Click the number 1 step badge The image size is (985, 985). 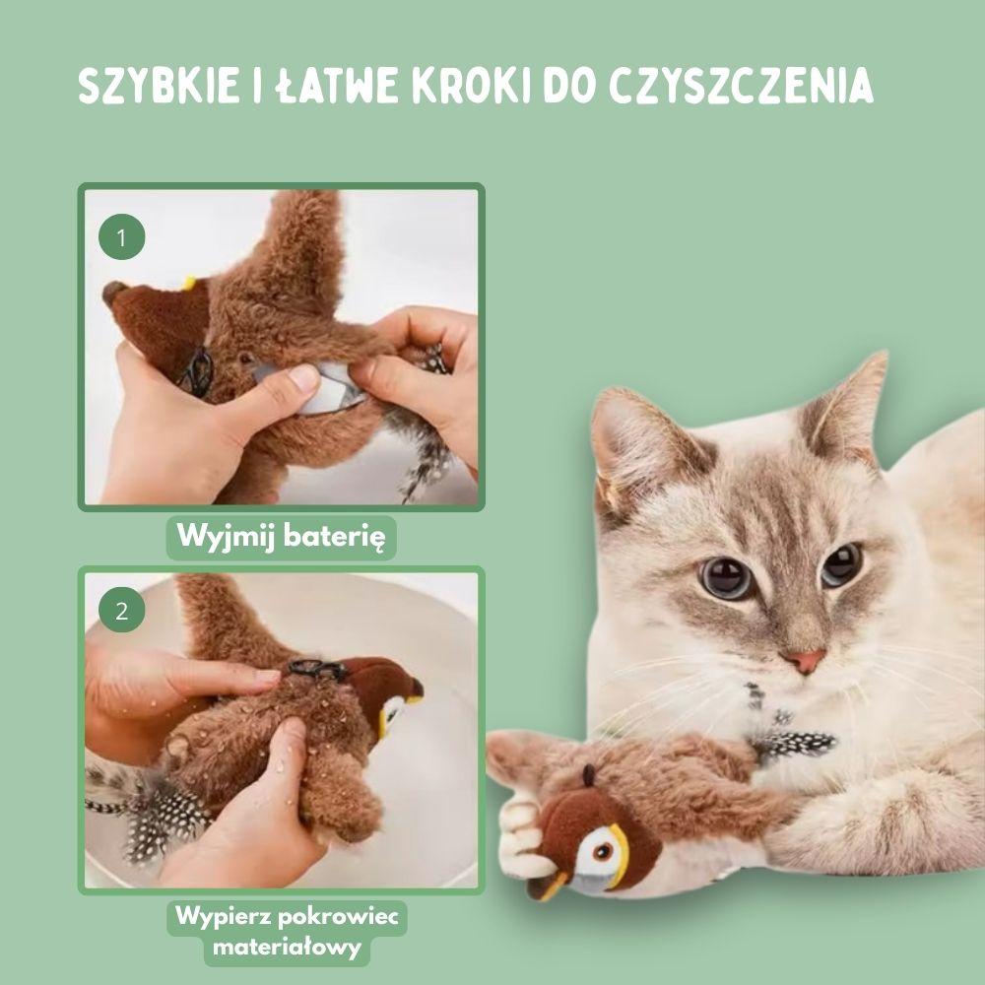(122, 238)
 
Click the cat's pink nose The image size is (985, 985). (806, 660)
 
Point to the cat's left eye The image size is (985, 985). (727, 577)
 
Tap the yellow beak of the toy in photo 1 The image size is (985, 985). (187, 284)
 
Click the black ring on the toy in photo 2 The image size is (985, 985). (317, 669)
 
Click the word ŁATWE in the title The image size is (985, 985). (317, 87)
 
